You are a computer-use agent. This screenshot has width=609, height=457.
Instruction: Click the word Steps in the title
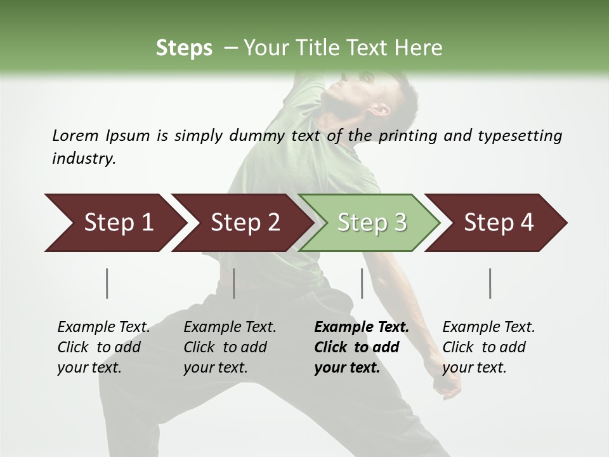tap(184, 48)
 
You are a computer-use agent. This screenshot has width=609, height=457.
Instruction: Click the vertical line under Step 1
tap(107, 283)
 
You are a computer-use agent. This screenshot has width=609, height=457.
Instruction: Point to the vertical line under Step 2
tap(234, 283)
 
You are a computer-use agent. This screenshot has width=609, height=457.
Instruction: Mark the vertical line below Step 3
tap(362, 283)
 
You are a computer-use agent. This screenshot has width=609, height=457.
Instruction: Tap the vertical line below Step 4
tap(490, 283)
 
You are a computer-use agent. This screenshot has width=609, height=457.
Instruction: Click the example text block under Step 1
tap(103, 347)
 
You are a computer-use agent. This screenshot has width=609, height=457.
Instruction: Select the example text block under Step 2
tap(229, 347)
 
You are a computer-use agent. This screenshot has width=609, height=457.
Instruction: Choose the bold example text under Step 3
tap(361, 347)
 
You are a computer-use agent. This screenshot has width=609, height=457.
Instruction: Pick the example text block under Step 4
tap(488, 347)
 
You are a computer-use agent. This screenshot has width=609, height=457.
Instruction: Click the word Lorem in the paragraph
tap(75, 136)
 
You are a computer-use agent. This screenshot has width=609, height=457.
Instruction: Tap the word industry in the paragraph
tap(83, 159)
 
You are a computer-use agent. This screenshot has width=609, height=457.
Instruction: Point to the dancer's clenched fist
tap(451, 385)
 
